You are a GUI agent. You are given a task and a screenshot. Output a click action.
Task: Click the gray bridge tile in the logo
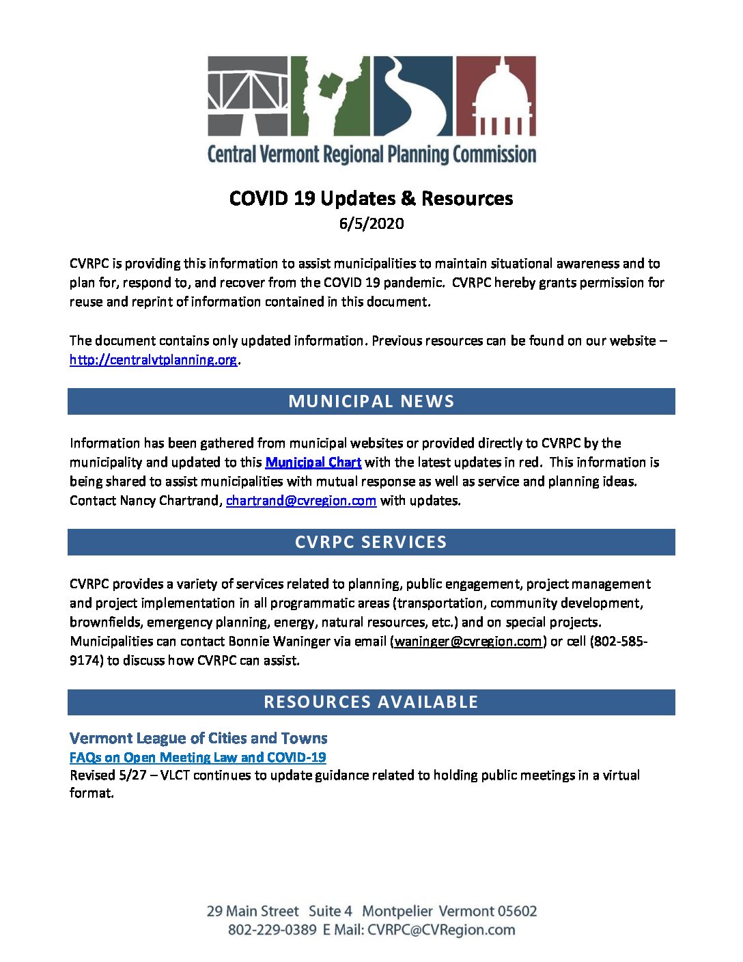click(x=248, y=96)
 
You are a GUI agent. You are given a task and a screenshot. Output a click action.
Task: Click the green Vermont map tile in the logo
click(x=331, y=96)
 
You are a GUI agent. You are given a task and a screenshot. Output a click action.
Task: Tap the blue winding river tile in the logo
click(x=412, y=96)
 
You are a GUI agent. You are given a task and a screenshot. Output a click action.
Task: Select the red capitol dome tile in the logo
click(x=496, y=96)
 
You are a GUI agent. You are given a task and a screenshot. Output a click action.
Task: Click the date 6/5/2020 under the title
click(x=371, y=223)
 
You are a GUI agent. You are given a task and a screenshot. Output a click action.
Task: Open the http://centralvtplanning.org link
click(x=154, y=359)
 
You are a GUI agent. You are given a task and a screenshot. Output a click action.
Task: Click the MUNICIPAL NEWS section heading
click(x=371, y=401)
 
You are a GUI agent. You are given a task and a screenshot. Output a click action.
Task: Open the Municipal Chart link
click(x=313, y=462)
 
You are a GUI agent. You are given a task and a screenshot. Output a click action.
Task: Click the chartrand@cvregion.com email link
click(x=301, y=500)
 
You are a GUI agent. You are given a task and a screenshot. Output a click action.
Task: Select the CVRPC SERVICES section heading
click(x=371, y=542)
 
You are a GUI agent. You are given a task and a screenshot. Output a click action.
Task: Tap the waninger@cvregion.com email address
click(x=468, y=641)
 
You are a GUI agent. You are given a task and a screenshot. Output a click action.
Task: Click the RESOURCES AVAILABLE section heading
click(x=371, y=702)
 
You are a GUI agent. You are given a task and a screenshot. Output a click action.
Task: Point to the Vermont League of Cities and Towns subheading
click(x=199, y=738)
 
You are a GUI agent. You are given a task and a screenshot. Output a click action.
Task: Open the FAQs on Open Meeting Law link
click(x=198, y=757)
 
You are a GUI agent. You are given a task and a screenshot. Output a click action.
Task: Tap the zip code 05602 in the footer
click(x=517, y=911)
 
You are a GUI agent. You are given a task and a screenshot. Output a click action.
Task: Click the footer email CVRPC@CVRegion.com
click(x=441, y=929)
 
